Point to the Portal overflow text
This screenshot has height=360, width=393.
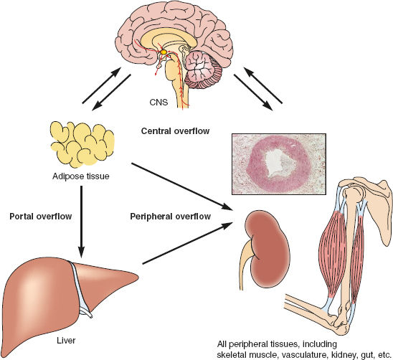coord(38,215)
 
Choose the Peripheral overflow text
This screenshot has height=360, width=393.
coord(171,216)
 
